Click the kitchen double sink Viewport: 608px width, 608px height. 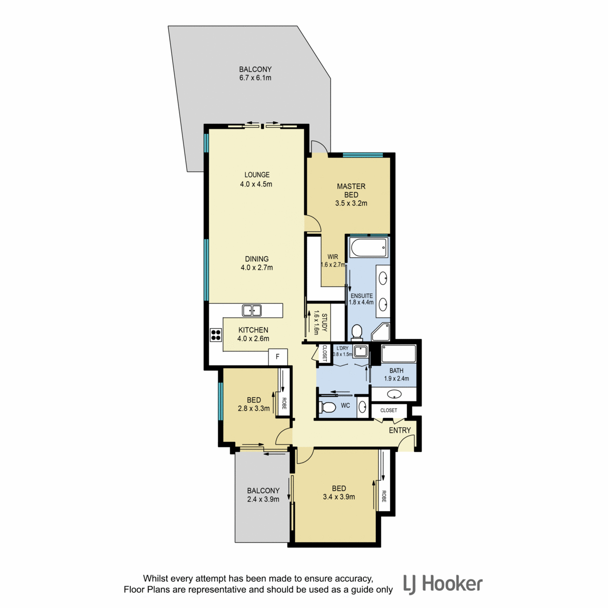pyautogui.click(x=251, y=311)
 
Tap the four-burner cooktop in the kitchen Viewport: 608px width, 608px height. pyautogui.click(x=216, y=335)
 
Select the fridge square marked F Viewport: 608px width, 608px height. pyautogui.click(x=278, y=357)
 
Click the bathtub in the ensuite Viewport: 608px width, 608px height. pyautogui.click(x=368, y=248)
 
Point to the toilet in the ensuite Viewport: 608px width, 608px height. pyautogui.click(x=357, y=333)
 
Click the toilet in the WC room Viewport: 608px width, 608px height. pyautogui.click(x=327, y=407)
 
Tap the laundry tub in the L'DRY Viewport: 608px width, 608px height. pyautogui.click(x=361, y=351)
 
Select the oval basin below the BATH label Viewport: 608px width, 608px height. pyautogui.click(x=394, y=394)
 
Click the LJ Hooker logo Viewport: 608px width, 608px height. pyautogui.click(x=443, y=584)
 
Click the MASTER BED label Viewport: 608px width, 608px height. pyautogui.click(x=351, y=191)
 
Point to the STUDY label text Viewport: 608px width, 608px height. pyautogui.click(x=324, y=322)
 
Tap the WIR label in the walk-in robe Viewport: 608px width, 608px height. pyautogui.click(x=333, y=257)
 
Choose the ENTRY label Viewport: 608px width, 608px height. pyautogui.click(x=400, y=430)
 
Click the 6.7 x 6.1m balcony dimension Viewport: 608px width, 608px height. pyautogui.click(x=255, y=78)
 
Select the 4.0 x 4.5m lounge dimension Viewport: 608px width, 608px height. pyautogui.click(x=256, y=184)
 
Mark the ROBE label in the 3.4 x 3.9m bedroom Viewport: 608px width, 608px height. pyautogui.click(x=384, y=497)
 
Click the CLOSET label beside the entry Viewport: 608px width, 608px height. pyautogui.click(x=389, y=410)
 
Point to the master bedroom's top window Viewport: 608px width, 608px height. pyautogui.click(x=363, y=155)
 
